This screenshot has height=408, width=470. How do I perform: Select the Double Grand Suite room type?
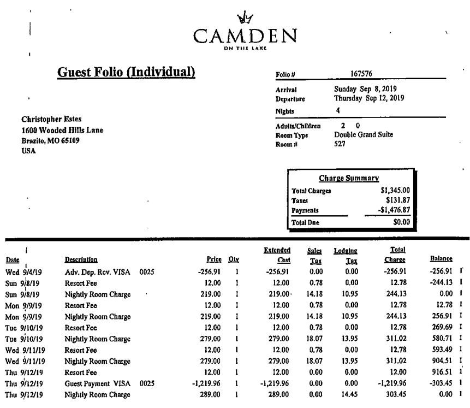363,135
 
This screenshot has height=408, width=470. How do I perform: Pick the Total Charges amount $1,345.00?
395,191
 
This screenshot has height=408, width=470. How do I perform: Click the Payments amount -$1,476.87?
393,210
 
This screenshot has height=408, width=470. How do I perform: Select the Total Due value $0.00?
401,223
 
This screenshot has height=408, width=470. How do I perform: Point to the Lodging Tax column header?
346,255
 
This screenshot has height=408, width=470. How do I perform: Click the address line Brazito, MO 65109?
50,140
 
